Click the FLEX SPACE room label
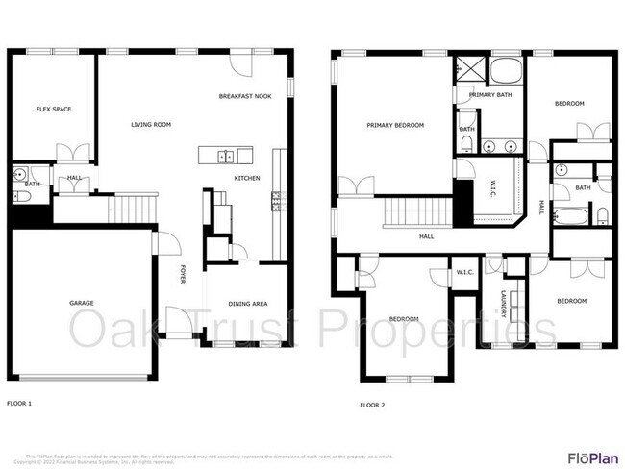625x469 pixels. (53, 109)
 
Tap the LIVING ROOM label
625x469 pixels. (151, 124)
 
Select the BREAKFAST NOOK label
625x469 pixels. (244, 96)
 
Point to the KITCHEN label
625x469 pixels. (247, 179)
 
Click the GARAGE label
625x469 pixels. (81, 303)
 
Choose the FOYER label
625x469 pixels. (184, 275)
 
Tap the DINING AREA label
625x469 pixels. (247, 304)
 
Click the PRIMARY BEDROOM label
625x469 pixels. (394, 125)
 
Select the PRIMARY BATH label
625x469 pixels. (488, 96)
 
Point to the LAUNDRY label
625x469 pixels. (502, 304)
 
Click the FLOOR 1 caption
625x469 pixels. (19, 403)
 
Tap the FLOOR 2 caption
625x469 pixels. (372, 406)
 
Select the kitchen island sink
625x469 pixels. (225, 156)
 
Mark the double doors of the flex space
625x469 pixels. (73, 151)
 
